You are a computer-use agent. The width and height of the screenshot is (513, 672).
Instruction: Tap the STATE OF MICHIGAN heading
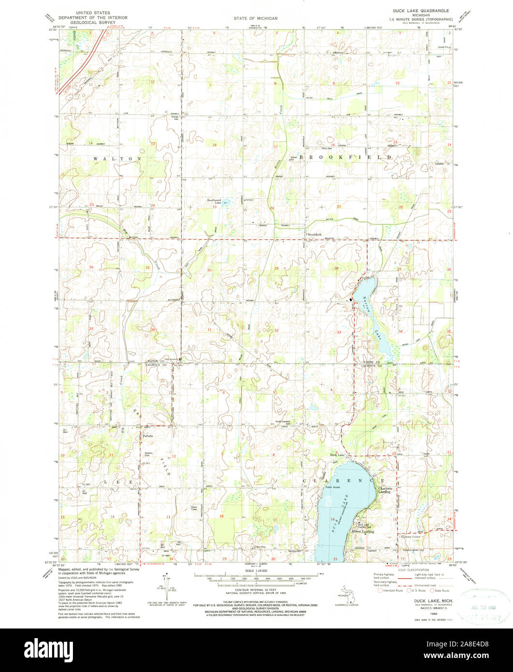point(256,18)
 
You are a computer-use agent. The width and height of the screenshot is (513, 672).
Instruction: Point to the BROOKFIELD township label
point(346,158)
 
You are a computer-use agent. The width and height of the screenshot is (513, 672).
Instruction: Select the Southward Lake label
point(214,202)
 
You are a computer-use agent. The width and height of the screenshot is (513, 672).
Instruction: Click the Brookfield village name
point(315,235)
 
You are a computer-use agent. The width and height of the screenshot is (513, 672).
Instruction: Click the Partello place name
point(148,436)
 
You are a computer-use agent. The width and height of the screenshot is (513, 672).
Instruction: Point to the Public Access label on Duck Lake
point(333,487)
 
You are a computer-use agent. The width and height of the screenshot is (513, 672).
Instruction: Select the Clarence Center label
point(411,537)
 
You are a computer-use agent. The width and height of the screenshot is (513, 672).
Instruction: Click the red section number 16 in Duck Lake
point(333,519)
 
